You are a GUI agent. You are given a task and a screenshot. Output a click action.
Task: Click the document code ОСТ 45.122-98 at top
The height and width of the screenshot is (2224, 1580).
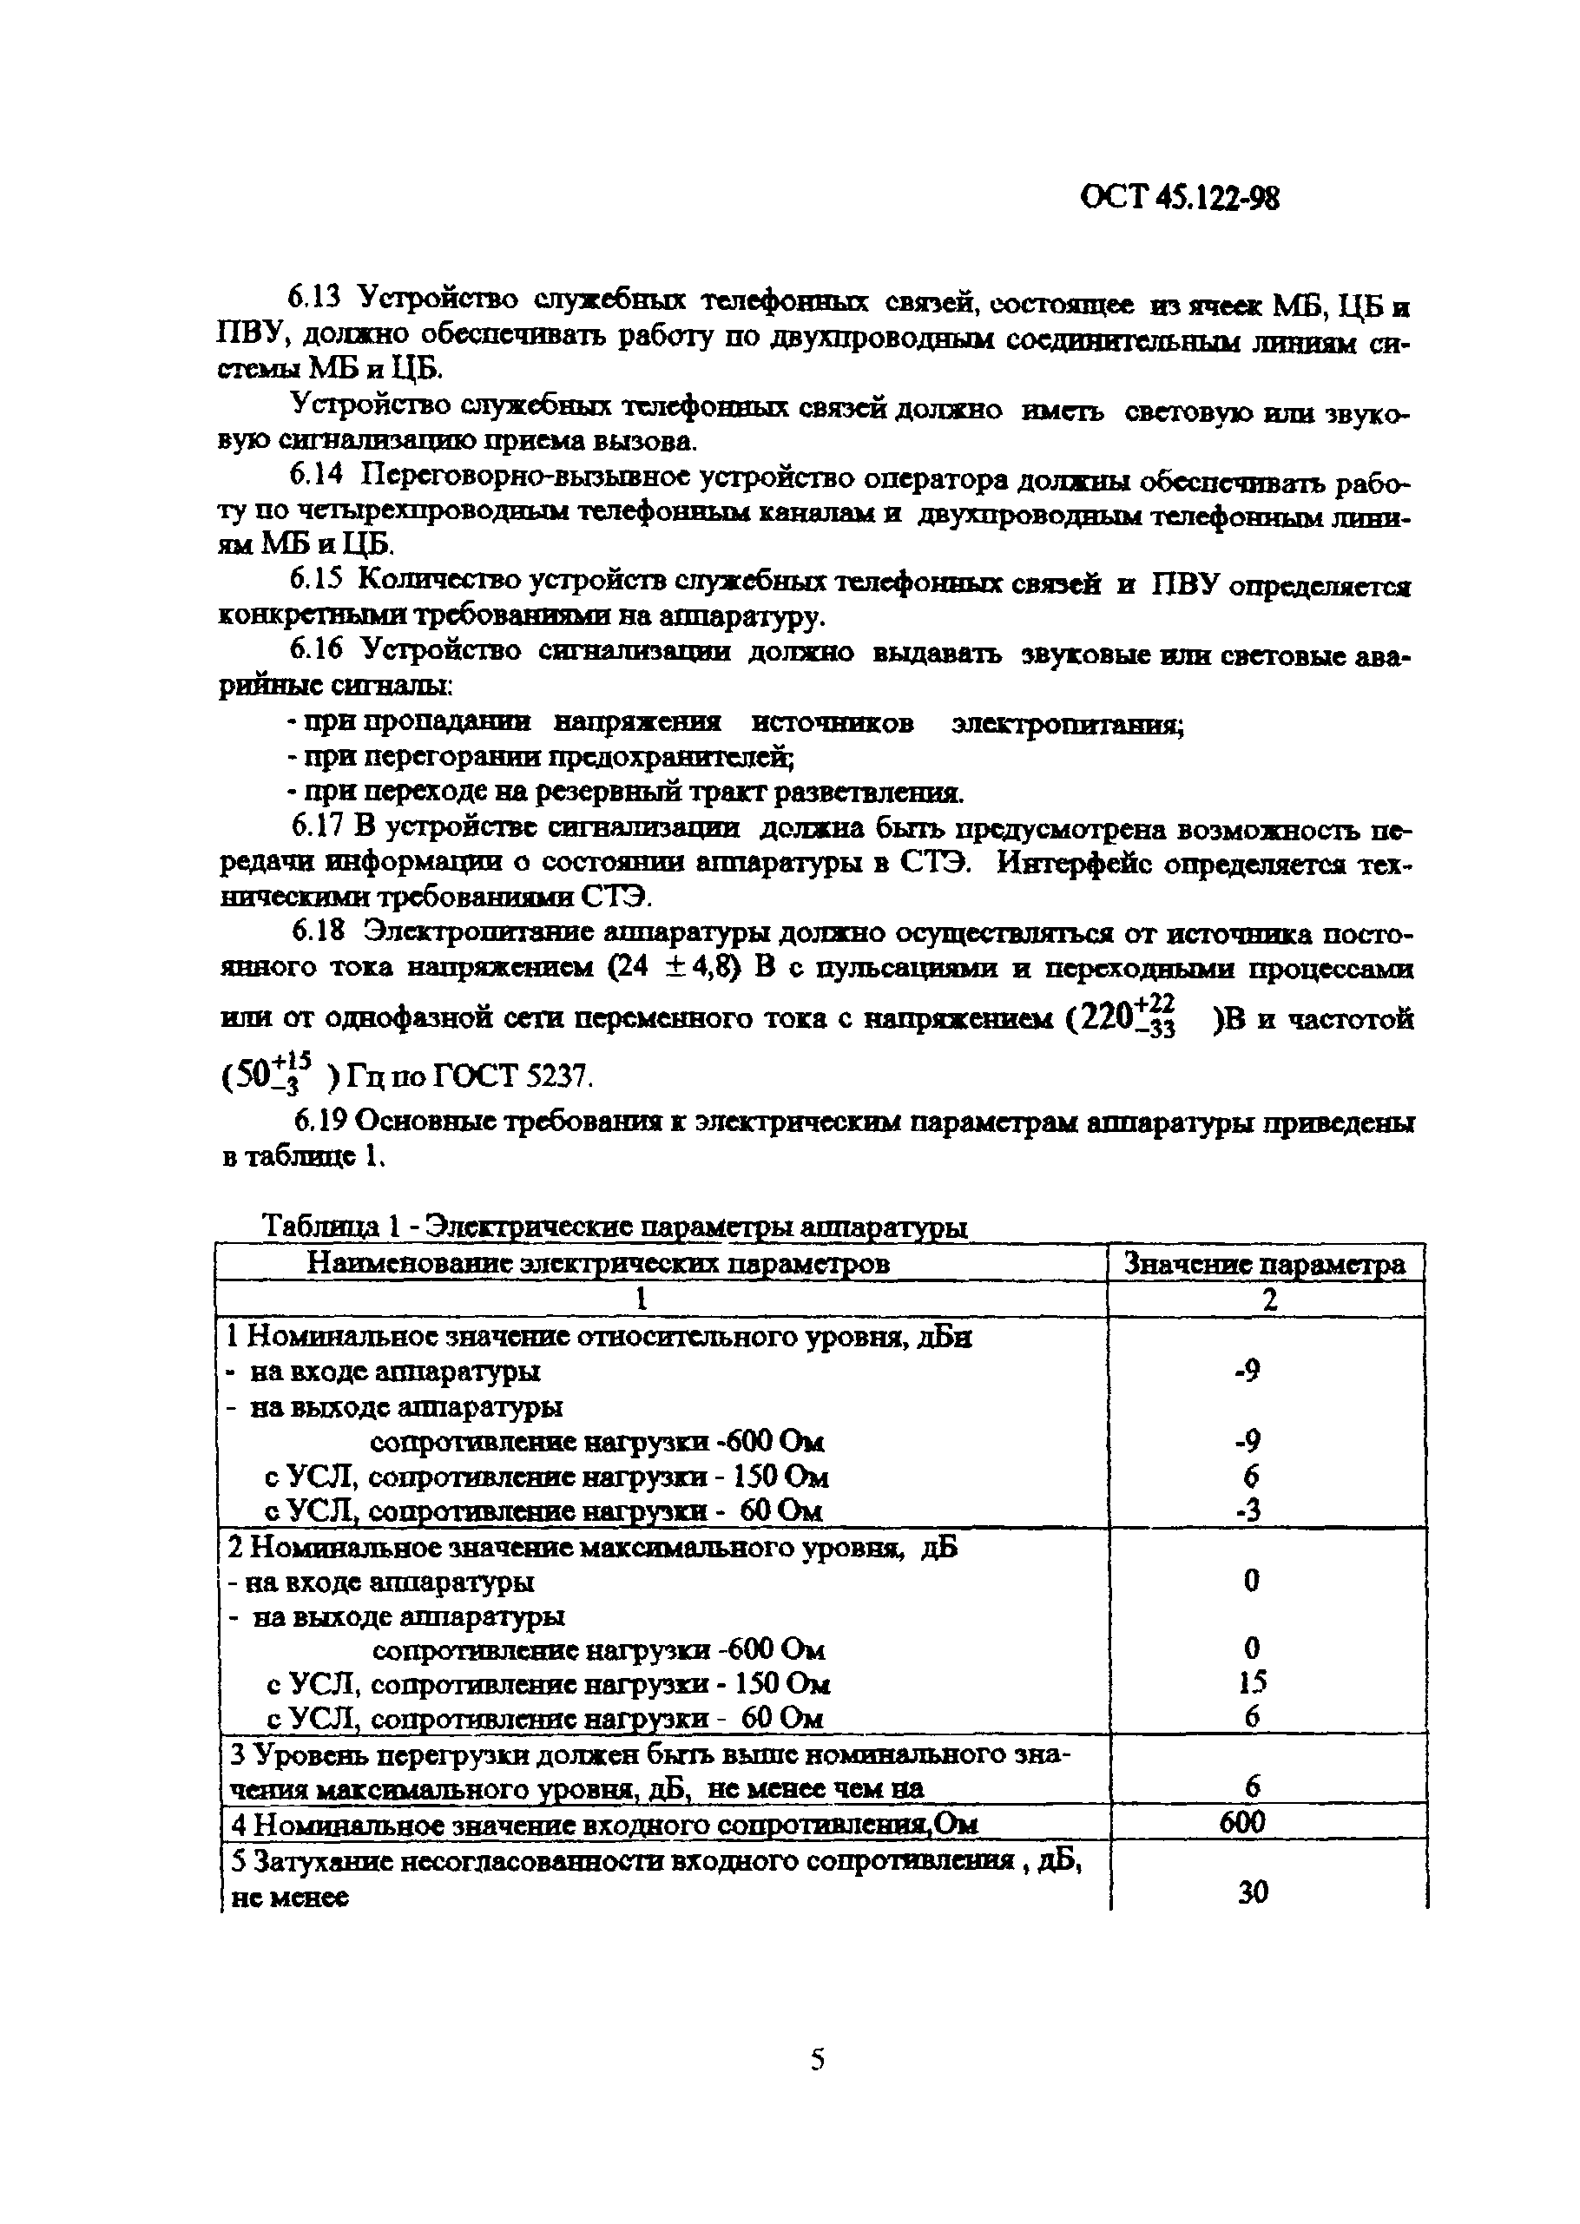click(1179, 199)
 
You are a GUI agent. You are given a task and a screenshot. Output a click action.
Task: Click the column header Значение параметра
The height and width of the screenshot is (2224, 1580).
click(1265, 1264)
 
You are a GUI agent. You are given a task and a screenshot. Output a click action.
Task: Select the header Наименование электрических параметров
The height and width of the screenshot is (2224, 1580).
click(598, 1263)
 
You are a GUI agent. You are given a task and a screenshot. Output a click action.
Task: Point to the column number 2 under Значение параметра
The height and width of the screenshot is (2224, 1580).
click(1268, 1300)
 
